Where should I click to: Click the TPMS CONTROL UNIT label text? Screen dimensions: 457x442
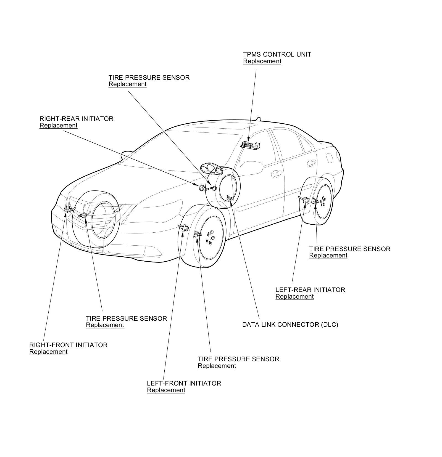277,54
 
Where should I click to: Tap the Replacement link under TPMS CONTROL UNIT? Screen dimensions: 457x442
262,61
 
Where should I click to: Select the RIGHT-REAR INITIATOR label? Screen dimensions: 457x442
76,119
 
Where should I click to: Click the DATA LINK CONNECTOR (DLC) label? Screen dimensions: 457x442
290,325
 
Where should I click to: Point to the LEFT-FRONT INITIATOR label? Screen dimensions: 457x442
184,383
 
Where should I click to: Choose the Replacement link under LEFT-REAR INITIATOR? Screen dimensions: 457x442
294,297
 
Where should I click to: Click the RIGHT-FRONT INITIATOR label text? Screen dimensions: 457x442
68,345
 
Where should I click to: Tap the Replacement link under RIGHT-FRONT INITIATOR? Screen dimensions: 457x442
48,352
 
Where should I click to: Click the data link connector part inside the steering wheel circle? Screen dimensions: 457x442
229,198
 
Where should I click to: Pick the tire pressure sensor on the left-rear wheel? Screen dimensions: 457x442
315,201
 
